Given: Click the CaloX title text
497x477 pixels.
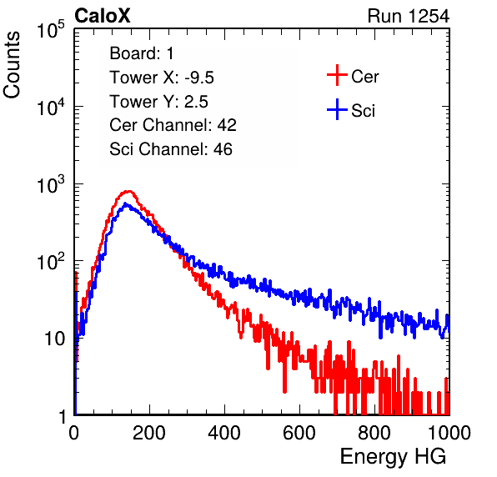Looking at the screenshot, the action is point(102,16).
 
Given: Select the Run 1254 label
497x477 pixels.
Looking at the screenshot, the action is point(409,16).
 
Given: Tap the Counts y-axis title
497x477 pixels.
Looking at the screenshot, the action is point(12,65).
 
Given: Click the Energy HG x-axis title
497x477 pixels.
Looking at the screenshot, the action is point(393,456).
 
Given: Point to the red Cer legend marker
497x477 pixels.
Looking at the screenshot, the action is point(337,75).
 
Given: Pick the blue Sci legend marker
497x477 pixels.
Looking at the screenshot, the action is point(337,109).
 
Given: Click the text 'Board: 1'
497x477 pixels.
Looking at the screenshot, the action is point(142,53).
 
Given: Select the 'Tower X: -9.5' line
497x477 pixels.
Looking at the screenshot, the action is point(162,78).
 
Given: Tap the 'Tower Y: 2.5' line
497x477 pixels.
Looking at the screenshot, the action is point(158,102).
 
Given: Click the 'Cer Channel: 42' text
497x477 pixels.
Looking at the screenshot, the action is point(173,125).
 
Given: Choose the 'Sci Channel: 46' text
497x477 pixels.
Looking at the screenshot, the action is point(171,149).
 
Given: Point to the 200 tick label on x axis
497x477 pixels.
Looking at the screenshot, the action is point(149,433).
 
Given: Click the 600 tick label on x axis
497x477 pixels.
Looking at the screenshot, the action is point(299,433).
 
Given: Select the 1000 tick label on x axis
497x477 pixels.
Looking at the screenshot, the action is point(449,433).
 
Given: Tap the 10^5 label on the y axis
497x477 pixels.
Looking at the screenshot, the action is point(51,30).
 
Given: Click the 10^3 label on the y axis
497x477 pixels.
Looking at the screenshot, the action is point(51,185).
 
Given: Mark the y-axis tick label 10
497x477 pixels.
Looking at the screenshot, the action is point(55,339).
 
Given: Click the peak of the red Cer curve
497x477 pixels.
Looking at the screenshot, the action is point(128,191).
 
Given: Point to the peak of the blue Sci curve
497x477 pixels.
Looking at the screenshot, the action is point(125,203).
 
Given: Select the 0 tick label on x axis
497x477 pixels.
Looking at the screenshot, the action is point(74,433).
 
